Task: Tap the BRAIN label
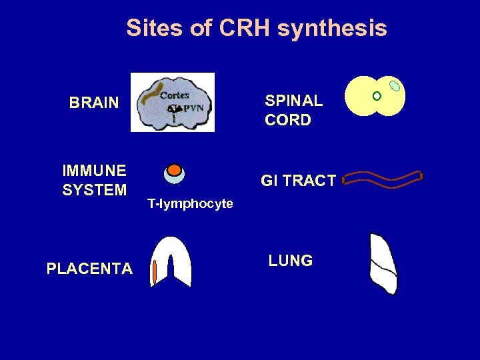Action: pyautogui.click(x=94, y=103)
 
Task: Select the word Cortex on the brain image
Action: pyautogui.click(x=175, y=95)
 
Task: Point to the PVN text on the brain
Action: pyautogui.click(x=194, y=108)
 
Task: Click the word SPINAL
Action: pyautogui.click(x=293, y=101)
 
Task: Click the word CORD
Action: pyautogui.click(x=287, y=120)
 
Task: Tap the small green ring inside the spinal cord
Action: pyautogui.click(x=377, y=96)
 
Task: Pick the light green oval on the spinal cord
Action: pyautogui.click(x=395, y=86)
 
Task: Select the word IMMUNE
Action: pyautogui.click(x=90, y=171)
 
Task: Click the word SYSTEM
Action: pyautogui.click(x=94, y=190)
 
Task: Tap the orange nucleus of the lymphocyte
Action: pyautogui.click(x=174, y=169)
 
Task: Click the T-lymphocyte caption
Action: pyautogui.click(x=191, y=204)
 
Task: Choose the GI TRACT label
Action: pyautogui.click(x=298, y=181)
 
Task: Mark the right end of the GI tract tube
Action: pyautogui.click(x=420, y=177)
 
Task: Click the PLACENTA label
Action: pyautogui.click(x=89, y=269)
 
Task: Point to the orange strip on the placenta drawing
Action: pyautogui.click(x=155, y=273)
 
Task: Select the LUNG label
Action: pyautogui.click(x=291, y=261)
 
